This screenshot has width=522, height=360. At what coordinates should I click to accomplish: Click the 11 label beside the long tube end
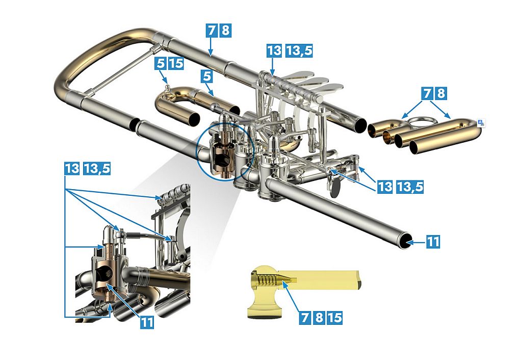[x=433, y=241]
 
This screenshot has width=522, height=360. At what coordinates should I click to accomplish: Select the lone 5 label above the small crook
[x=207, y=76]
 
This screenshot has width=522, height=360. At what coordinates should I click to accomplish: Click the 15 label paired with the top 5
[x=176, y=63]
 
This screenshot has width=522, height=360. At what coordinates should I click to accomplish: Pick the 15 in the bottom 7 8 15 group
[x=334, y=317]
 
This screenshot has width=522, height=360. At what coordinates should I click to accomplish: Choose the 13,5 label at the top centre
[x=299, y=50]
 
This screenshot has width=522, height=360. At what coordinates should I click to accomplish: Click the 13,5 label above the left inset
[x=96, y=168]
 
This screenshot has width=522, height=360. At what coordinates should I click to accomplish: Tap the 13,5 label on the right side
[x=410, y=187]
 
